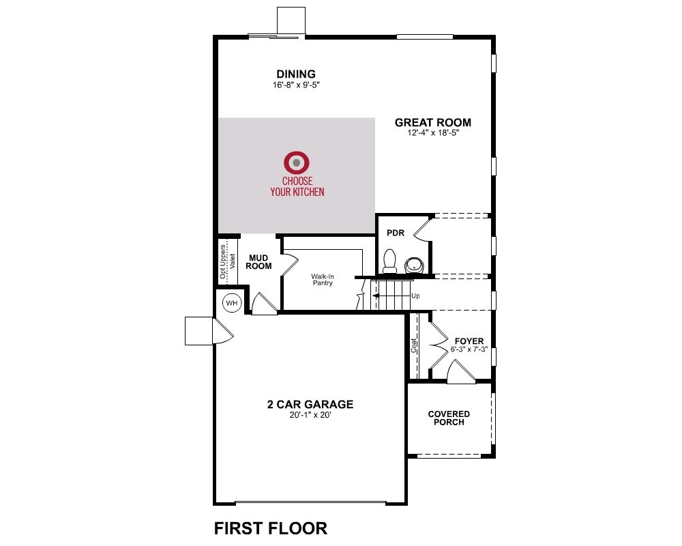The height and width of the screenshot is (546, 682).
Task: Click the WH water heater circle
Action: pos(232,302)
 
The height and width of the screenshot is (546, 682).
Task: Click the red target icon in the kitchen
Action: pos(297,163)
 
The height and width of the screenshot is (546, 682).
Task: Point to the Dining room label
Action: pos(296,74)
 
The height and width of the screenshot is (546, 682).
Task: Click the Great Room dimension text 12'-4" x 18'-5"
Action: pos(433,133)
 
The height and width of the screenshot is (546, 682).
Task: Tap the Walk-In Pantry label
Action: pos(323,280)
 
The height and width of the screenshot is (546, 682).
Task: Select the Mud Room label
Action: pos(258,262)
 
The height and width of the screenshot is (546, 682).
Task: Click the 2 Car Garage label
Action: pos(310,405)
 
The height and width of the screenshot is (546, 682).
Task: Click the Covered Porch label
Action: pos(449,418)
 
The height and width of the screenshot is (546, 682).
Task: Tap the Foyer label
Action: pos(469,341)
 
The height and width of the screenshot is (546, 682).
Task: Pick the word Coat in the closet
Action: pos(414,346)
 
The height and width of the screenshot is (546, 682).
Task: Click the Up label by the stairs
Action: pos(415,296)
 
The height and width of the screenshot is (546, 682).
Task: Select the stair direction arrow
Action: pos(391,296)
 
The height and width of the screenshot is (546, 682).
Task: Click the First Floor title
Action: pos(271,528)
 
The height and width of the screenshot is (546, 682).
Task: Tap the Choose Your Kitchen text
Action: pos(297,186)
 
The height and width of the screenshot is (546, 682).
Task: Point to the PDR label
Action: pos(396,233)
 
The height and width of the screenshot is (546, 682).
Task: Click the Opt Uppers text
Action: pos(223,261)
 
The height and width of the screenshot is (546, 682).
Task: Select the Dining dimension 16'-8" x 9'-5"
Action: pos(296,85)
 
